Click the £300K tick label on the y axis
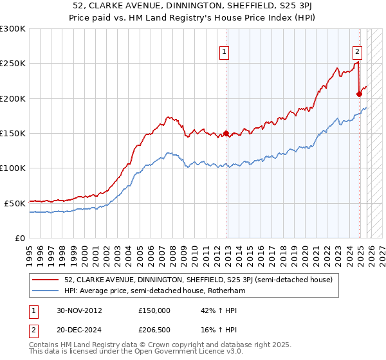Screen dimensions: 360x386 pyautogui.click(x=13, y=29)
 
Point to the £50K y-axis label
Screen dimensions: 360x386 pyautogui.click(x=15, y=203)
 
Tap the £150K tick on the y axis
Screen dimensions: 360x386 pyautogui.click(x=13, y=133)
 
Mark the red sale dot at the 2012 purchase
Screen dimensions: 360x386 pyautogui.click(x=226, y=134)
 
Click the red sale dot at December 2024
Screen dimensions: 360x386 pyautogui.click(x=359, y=94)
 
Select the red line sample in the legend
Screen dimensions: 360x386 pyautogui.click(x=46, y=280)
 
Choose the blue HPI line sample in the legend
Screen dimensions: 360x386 pyautogui.click(x=46, y=291)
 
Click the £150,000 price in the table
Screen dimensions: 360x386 pyautogui.click(x=154, y=310)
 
